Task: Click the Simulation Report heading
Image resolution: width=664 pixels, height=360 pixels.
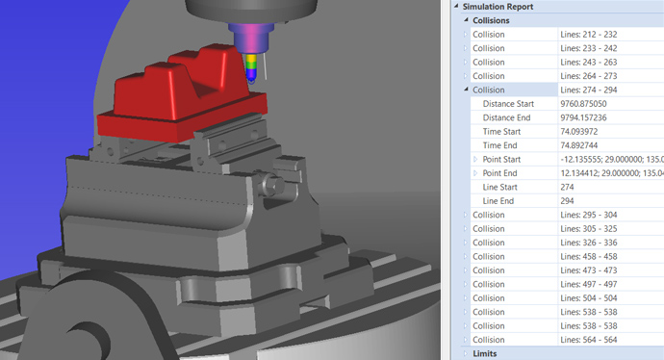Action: [x=498, y=7]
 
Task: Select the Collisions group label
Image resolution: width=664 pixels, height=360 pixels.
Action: [x=491, y=20]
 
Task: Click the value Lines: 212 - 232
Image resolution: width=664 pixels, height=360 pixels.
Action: [x=589, y=35]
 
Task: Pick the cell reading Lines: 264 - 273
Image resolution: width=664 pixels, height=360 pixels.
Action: [x=589, y=76]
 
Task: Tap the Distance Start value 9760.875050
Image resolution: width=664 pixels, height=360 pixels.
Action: [x=583, y=104]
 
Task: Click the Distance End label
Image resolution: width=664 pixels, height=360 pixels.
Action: [x=506, y=117]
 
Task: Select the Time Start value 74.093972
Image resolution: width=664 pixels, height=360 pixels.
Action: [x=579, y=132]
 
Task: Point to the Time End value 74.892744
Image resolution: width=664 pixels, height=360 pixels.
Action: [x=579, y=145]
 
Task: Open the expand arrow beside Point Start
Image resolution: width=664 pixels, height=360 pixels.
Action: [x=475, y=159]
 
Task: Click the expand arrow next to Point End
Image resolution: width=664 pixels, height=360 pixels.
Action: [x=475, y=173]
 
